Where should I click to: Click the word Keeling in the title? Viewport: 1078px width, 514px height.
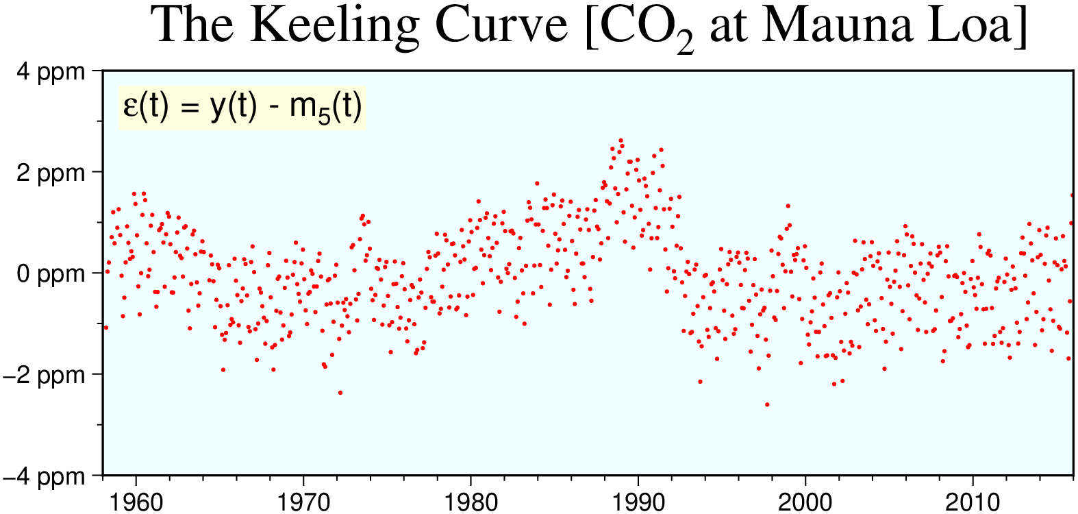pyautogui.click(x=334, y=26)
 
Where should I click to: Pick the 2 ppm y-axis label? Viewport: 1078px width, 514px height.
pyautogui.click(x=51, y=173)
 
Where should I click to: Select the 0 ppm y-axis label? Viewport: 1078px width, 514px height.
pyautogui.click(x=51, y=274)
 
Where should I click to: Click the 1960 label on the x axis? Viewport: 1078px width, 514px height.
pyautogui.click(x=136, y=502)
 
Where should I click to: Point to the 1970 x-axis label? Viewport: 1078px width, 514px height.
pyautogui.click(x=303, y=502)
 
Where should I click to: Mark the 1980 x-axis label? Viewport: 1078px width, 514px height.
pyautogui.click(x=471, y=502)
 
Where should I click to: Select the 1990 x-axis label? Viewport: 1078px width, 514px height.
pyautogui.click(x=638, y=502)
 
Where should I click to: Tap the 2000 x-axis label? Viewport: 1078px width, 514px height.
pyautogui.click(x=805, y=502)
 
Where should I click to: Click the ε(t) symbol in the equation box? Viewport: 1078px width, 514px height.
pyautogui.click(x=145, y=107)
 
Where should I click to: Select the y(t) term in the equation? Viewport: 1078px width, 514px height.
pyautogui.click(x=234, y=107)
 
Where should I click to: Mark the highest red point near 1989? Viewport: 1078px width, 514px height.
pyautogui.click(x=621, y=140)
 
